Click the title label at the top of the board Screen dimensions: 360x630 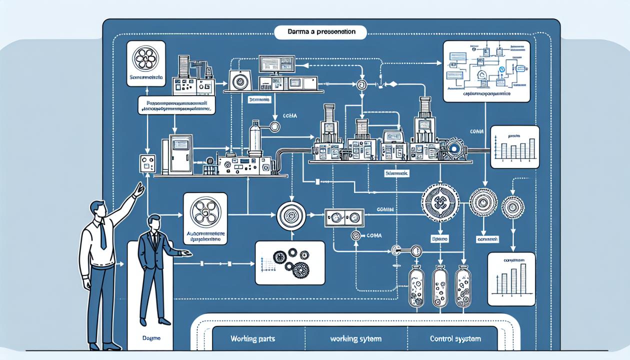pos(321,32)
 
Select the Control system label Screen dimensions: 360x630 pos(455,339)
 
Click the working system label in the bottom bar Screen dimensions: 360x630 pos(352,339)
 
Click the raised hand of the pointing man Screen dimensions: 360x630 pos(139,189)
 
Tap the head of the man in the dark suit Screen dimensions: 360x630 pos(153,223)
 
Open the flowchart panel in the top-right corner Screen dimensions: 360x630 pos(486,70)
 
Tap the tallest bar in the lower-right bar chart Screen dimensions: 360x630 pos(523,277)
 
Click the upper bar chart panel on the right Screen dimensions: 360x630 pos(515,146)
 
